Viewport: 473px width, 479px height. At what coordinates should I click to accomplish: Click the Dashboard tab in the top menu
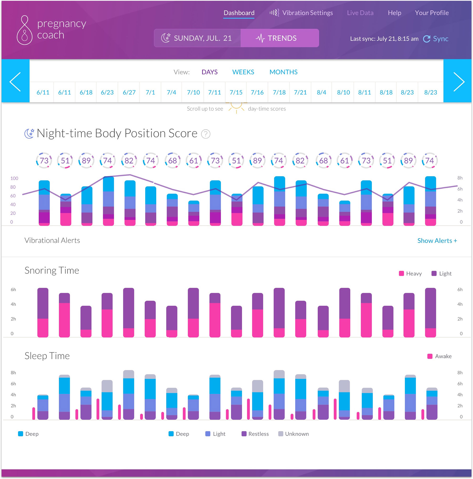[x=239, y=13]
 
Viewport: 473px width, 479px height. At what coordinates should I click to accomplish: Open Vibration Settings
[x=301, y=13]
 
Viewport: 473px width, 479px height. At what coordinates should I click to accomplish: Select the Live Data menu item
[x=360, y=13]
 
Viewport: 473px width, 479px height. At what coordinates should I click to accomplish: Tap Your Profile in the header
[x=431, y=13]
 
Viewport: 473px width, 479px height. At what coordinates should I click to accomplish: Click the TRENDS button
[x=280, y=38]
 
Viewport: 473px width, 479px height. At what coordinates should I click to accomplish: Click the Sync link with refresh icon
[x=436, y=39]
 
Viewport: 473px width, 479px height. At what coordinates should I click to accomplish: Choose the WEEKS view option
[x=243, y=72]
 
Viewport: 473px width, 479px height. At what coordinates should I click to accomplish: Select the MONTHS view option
[x=283, y=72]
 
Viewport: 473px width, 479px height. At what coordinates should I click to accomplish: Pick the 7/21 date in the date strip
[x=300, y=93]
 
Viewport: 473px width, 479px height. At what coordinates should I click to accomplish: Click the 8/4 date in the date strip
[x=321, y=93]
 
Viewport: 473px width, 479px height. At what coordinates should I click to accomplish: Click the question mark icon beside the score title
[x=205, y=134]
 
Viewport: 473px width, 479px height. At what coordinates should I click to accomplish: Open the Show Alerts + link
[x=437, y=241]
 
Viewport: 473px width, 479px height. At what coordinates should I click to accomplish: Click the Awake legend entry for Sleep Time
[x=439, y=356]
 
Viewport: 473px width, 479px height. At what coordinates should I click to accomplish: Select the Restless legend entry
[x=255, y=434]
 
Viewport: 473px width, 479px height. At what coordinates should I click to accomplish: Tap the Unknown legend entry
[x=294, y=434]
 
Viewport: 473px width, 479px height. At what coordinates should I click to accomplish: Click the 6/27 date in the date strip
[x=129, y=93]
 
